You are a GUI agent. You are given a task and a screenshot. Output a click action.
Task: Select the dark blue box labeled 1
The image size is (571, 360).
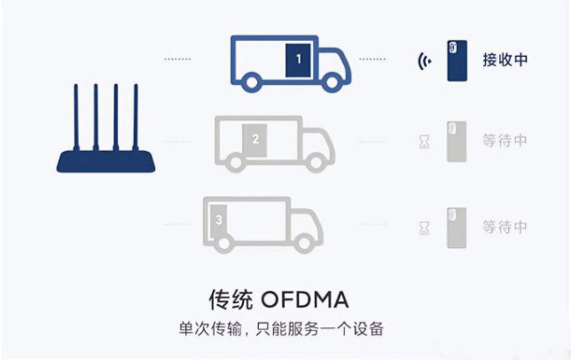[298, 60]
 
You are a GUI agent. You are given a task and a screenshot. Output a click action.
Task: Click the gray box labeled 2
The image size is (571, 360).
[254, 140]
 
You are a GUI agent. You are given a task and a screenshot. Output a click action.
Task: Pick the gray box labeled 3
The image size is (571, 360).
[218, 222]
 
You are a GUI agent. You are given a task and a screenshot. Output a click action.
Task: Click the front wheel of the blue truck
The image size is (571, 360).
[332, 82]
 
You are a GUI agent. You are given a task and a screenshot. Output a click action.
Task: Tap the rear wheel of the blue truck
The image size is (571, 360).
[252, 82]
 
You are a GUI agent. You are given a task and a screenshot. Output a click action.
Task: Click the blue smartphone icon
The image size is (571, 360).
[457, 60]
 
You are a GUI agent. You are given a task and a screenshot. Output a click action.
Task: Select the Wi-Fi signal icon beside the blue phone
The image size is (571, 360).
[424, 61]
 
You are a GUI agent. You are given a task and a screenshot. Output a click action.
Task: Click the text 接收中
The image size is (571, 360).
[505, 60]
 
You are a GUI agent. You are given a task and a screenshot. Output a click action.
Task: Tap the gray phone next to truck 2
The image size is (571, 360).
[457, 142]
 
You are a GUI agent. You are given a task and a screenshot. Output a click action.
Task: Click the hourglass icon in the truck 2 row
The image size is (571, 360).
[424, 142]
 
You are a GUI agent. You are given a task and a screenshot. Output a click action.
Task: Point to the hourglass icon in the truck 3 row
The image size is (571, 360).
[424, 228]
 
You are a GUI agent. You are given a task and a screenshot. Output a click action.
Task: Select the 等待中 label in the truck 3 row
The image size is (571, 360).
[505, 227]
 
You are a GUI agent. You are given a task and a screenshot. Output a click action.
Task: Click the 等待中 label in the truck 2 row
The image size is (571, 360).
[505, 140]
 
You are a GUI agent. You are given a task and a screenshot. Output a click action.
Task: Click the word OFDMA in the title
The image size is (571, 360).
[305, 300]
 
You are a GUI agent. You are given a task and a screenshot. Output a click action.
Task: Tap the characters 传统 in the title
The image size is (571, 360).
[231, 300]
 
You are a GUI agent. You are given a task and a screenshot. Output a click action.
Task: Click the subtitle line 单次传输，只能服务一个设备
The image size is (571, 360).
[281, 329]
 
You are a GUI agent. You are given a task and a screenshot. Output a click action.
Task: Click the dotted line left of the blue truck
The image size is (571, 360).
[177, 59]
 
